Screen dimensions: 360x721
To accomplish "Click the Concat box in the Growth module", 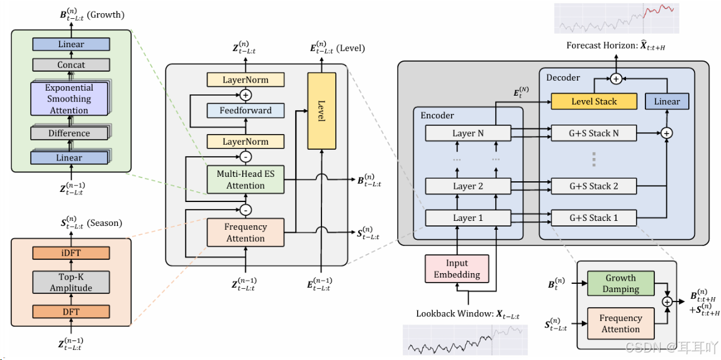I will pyautogui.click(x=70, y=65).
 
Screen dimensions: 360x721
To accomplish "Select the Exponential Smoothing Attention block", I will pyautogui.click(x=69, y=99).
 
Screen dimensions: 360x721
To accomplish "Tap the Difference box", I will pyautogui.click(x=69, y=133).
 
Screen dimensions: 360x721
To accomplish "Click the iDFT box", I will pyautogui.click(x=70, y=253).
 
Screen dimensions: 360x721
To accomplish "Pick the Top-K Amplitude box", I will pyautogui.click(x=70, y=283).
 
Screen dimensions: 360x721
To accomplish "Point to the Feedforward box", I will pyautogui.click(x=245, y=111).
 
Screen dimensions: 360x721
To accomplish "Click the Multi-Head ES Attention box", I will pyautogui.click(x=245, y=179).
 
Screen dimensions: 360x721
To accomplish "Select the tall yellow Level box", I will pyautogui.click(x=321, y=111).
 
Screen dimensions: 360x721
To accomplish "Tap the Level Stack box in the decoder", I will pyautogui.click(x=594, y=101).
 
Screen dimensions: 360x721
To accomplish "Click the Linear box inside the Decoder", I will pyautogui.click(x=667, y=101).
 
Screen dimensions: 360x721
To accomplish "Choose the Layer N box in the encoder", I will pyautogui.click(x=468, y=133).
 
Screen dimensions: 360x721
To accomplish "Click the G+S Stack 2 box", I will pyautogui.click(x=594, y=186).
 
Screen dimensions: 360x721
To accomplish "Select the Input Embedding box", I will pyautogui.click(x=457, y=269).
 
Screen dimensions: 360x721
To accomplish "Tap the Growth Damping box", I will pyautogui.click(x=620, y=283).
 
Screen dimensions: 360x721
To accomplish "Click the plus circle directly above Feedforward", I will pyautogui.click(x=245, y=95).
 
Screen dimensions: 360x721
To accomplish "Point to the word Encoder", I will pyautogui.click(x=437, y=115).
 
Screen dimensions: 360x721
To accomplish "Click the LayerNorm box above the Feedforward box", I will pyautogui.click(x=245, y=80).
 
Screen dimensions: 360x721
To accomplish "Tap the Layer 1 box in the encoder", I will pyautogui.click(x=468, y=218).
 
